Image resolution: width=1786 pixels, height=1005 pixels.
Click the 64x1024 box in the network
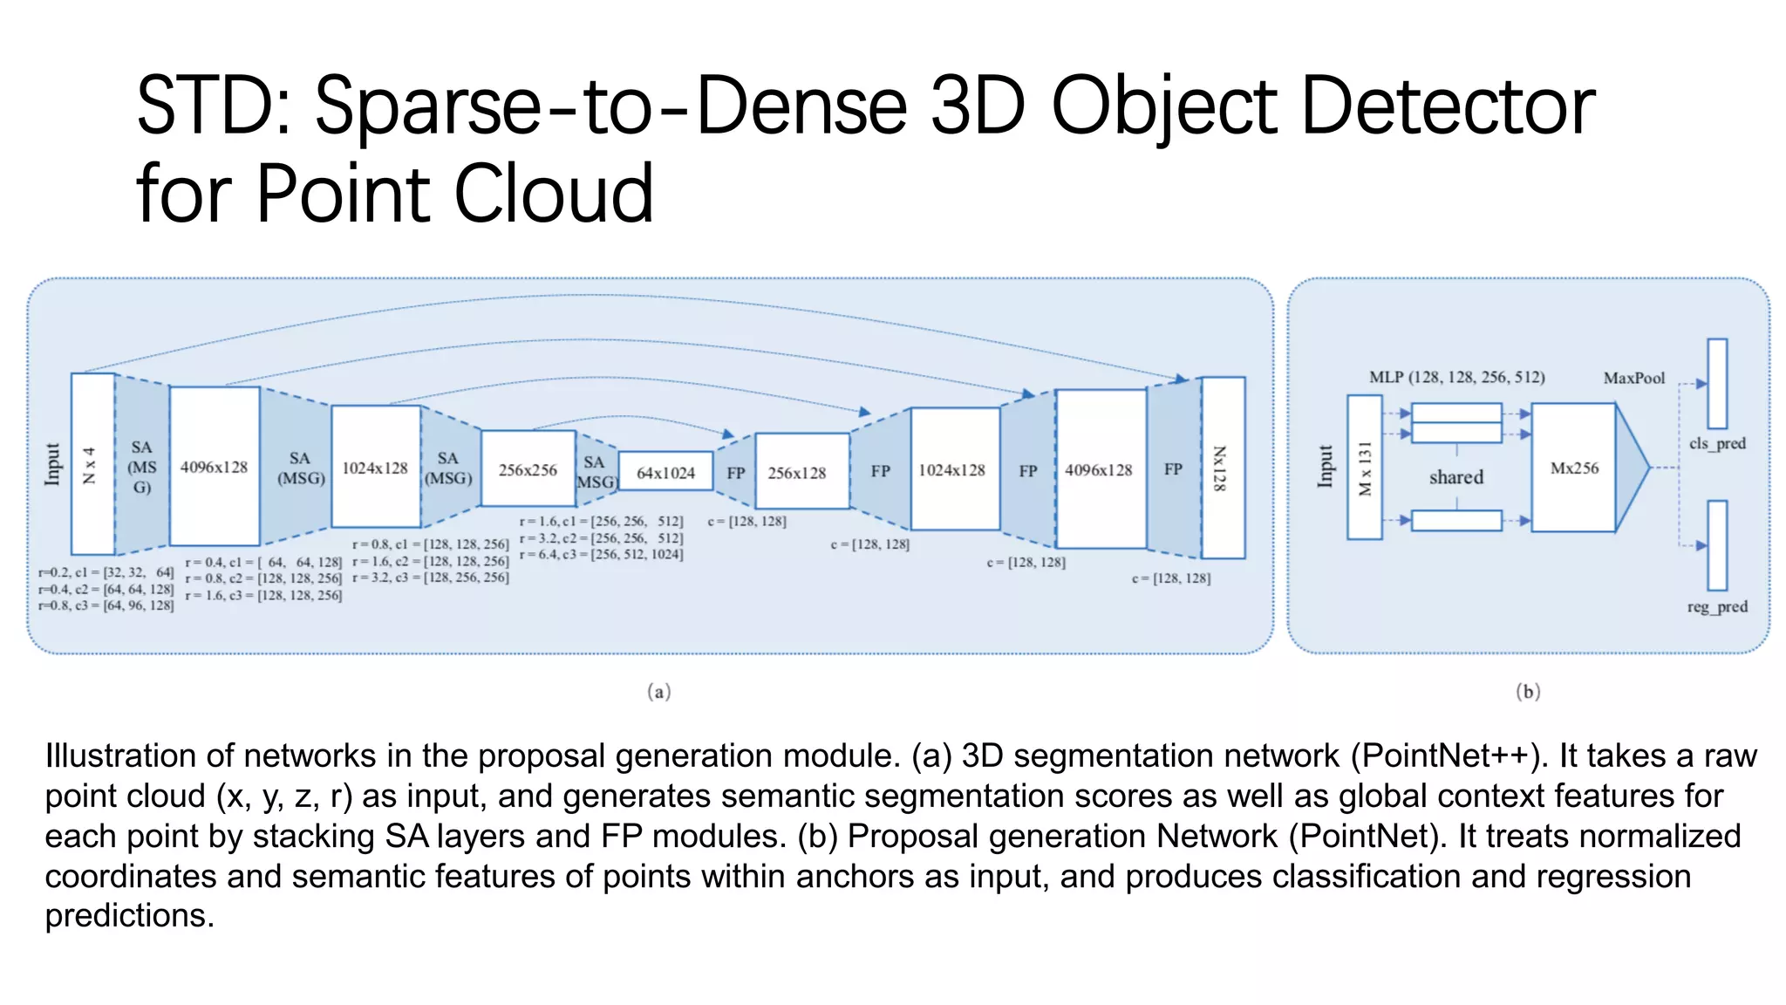tap(665, 472)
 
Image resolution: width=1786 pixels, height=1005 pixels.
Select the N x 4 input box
tap(92, 465)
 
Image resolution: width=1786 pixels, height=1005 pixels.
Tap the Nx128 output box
tap(1222, 468)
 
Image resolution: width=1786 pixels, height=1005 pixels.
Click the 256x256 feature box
tap(528, 469)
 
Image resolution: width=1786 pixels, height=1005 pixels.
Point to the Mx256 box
tap(1574, 468)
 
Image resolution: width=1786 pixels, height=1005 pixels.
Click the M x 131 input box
tap(1365, 468)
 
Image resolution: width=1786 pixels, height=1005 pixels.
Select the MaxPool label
tap(1633, 378)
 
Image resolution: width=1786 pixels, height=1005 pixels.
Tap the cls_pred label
tap(1717, 443)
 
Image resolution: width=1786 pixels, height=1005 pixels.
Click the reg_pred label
tap(1717, 606)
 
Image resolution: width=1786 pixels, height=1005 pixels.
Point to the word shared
tap(1455, 477)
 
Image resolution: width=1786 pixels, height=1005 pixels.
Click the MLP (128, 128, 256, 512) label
tap(1456, 377)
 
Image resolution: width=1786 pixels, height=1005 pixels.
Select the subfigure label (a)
tap(659, 692)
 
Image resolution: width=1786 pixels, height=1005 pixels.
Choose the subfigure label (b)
tap(1528, 692)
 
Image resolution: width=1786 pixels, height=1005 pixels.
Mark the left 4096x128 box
tap(214, 468)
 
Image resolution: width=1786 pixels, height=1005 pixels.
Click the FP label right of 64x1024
tap(736, 472)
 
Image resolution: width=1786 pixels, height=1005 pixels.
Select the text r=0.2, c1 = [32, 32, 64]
tap(106, 572)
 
